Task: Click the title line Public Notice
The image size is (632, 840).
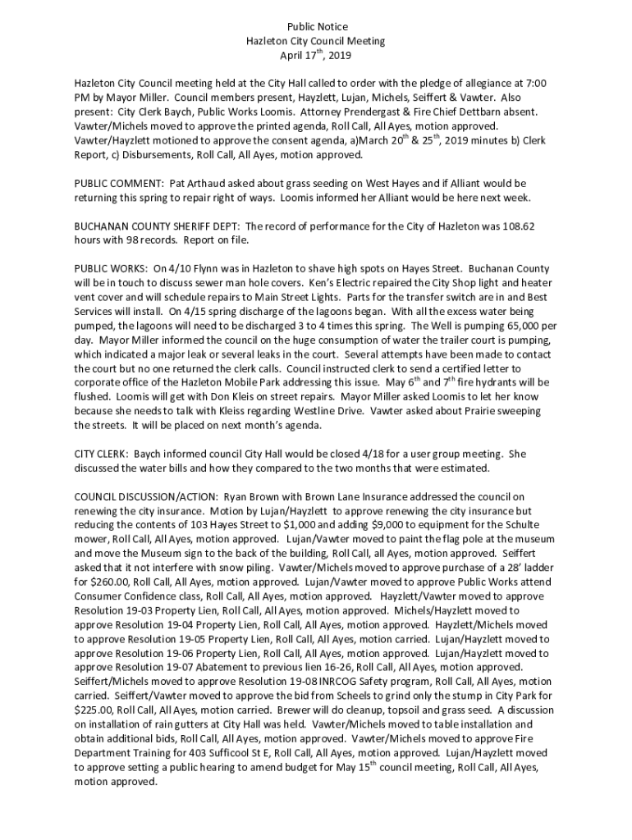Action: [315, 27]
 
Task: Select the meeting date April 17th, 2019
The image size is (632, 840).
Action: [315, 56]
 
